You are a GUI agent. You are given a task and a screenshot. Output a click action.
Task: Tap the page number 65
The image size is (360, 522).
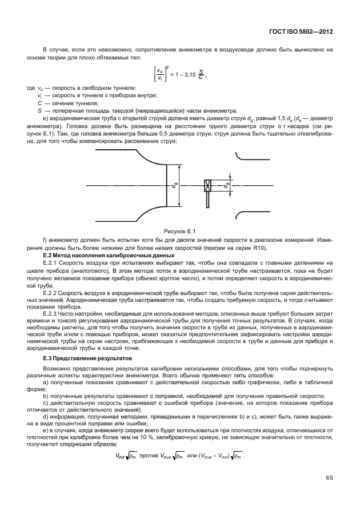(330, 477)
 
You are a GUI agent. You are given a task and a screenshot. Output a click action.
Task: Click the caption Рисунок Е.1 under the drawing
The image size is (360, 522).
(180, 230)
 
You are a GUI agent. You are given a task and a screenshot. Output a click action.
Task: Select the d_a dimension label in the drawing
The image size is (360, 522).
(226, 185)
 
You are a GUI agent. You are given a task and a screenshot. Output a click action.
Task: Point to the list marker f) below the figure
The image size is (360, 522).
(45, 240)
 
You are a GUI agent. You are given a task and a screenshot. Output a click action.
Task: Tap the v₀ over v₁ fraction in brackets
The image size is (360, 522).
(151, 75)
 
